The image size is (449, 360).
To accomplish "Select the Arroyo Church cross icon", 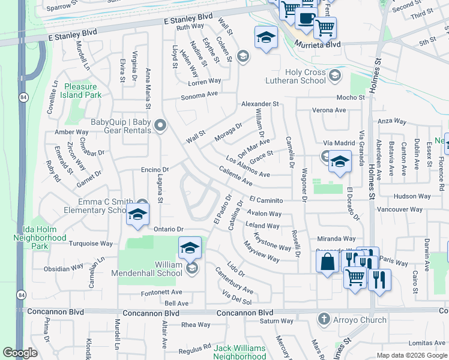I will point(324,319).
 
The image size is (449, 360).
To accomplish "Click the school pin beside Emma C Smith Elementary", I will point(137,215).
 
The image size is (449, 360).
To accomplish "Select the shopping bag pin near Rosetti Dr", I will point(327,262).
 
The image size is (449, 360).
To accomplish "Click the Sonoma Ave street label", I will point(200,94).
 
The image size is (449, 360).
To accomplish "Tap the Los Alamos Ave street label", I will point(247,167).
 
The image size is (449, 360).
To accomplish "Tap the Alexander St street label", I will point(260,104).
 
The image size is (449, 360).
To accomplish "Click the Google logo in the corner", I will point(20,353).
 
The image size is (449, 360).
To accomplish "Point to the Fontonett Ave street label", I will point(156,293).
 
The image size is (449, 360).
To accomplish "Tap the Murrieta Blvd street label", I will point(317,44).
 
